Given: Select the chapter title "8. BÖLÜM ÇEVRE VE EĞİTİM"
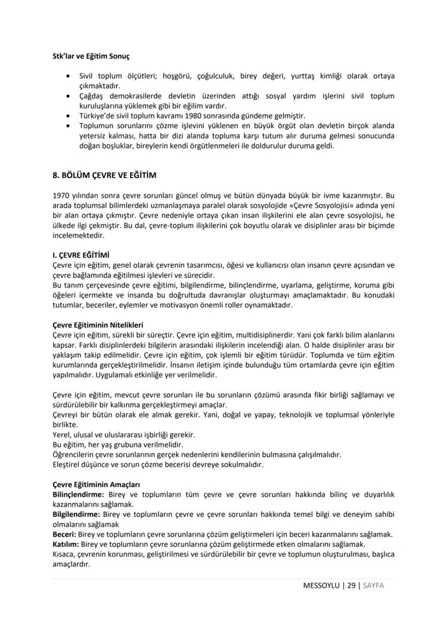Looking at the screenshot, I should pyautogui.click(x=102, y=175).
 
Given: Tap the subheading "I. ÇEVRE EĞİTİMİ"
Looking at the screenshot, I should pyautogui.click(x=80, y=255).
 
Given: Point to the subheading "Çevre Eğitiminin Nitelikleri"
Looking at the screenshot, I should pyautogui.click(x=97, y=325).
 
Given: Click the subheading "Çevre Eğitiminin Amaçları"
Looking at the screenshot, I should pyautogui.click(x=96, y=485).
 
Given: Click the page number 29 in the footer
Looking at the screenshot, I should pyautogui.click(x=351, y=586).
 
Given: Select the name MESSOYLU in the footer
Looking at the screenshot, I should pyautogui.click(x=321, y=586).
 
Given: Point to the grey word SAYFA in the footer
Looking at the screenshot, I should pyautogui.click(x=373, y=586).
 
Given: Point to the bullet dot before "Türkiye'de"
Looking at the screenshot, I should pyautogui.click(x=66, y=116).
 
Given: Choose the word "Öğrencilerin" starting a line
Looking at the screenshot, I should pyautogui.click(x=72, y=455).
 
